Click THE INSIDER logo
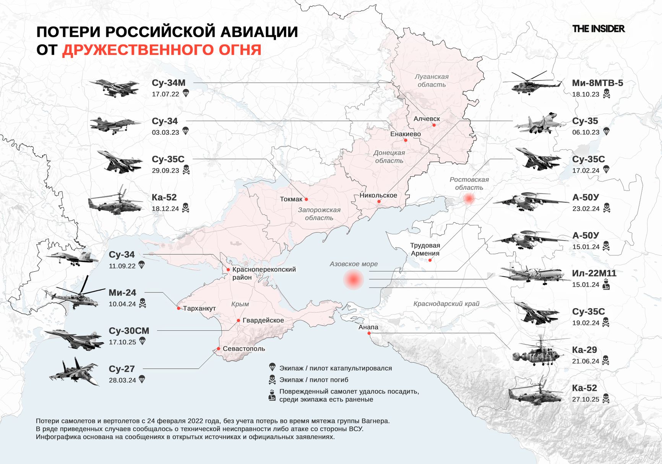pyautogui.click(x=598, y=29)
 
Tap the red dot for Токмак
pyautogui.click(x=306, y=199)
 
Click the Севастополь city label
pyautogui.click(x=243, y=349)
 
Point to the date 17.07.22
pyautogui.click(x=165, y=94)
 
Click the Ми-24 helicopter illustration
pyautogui.click(x=73, y=296)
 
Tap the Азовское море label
pyautogui.click(x=354, y=264)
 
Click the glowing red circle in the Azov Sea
pyautogui.click(x=354, y=279)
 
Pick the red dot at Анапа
pyautogui.click(x=369, y=333)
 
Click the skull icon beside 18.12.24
pyautogui.click(x=185, y=208)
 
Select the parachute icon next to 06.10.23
pyautogui.click(x=606, y=132)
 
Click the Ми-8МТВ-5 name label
pyautogui.click(x=597, y=83)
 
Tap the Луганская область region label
pyautogui.click(x=432, y=80)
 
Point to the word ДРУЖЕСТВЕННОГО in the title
pyautogui.click(x=162, y=50)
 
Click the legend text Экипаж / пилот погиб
pyautogui.click(x=313, y=380)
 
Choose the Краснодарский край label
pyautogui.click(x=446, y=304)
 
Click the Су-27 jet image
pyautogui.click(x=75, y=372)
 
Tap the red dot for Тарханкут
pyautogui.click(x=178, y=308)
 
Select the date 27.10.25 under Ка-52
pyautogui.click(x=586, y=399)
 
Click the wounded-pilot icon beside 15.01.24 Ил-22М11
pyautogui.click(x=606, y=284)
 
